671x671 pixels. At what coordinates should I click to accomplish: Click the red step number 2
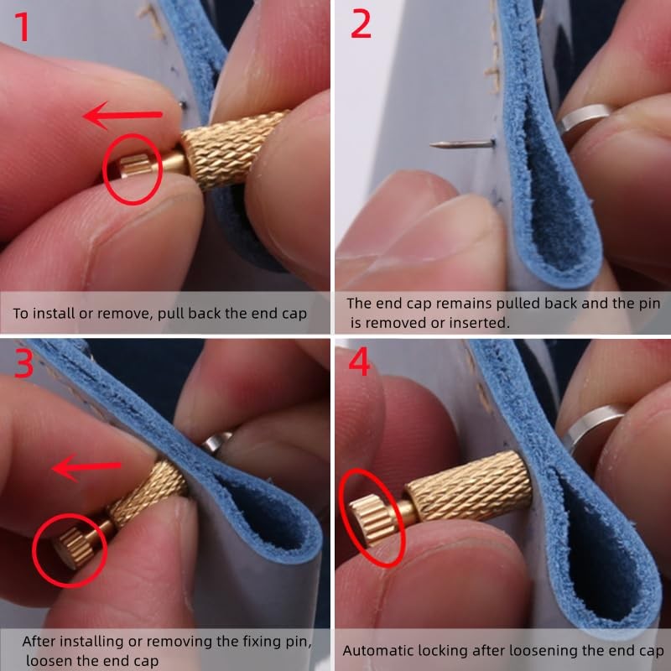[x=361, y=25]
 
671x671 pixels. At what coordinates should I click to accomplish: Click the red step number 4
[x=359, y=364]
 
